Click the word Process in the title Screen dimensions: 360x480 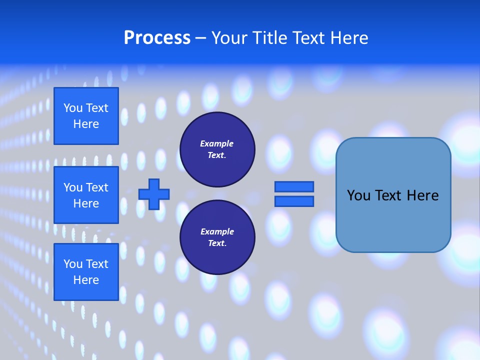[157, 38]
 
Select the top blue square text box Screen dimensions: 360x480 [86, 116]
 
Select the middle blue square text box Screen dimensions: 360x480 [86, 195]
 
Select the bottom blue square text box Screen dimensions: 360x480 [86, 272]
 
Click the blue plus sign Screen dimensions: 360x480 [154, 194]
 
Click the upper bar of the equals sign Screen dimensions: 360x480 [294, 187]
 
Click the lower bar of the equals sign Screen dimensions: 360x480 [294, 201]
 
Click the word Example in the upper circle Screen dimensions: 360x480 [217, 143]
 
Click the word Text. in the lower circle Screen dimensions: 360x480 [217, 243]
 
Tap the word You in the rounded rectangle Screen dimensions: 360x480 [358, 195]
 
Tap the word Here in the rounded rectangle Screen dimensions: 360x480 [422, 195]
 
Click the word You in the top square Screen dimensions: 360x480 [73, 108]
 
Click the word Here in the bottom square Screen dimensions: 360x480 [86, 280]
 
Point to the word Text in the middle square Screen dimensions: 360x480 [97, 187]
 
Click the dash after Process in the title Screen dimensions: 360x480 [200, 38]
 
